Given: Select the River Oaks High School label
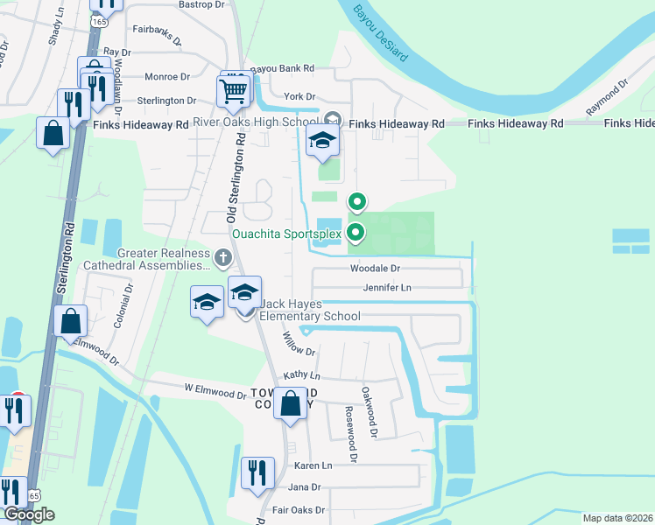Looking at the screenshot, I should click(256, 121).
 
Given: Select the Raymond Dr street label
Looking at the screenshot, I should click(608, 99).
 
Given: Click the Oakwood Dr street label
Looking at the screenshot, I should click(370, 413).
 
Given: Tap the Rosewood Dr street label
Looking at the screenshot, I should click(351, 433).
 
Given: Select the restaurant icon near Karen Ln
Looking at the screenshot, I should click(257, 472).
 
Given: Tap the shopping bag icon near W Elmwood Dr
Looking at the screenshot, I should click(291, 404).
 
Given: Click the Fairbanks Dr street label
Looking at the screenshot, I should click(157, 35).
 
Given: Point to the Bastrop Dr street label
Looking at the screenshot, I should click(202, 4).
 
